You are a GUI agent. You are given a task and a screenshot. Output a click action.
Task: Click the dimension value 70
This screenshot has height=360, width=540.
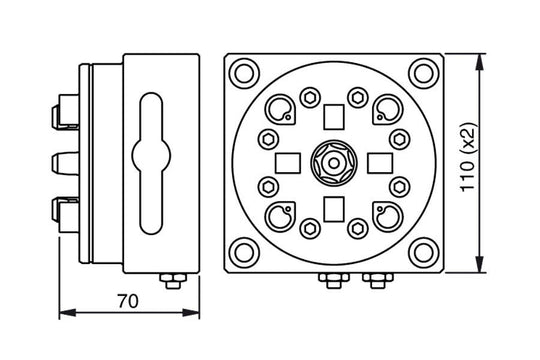pos(128,301)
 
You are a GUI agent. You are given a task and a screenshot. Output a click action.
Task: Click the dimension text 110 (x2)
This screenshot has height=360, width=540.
pos(468,157)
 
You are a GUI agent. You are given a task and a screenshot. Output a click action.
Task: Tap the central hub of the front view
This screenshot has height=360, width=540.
pos(333,163)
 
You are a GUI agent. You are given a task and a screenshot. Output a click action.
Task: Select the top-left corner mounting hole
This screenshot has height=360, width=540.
pos(244,73)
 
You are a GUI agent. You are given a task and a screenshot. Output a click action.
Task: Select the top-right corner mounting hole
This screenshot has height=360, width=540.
pos(424,73)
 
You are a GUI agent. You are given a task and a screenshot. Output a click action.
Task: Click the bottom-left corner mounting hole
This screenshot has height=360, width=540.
pos(244,253)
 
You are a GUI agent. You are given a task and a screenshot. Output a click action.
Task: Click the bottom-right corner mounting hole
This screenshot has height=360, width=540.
pos(424,253)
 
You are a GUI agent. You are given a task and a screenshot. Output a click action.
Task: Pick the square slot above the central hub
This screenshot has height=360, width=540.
pos(334,117)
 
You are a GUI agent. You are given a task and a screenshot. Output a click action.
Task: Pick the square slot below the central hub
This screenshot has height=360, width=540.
pos(334,209)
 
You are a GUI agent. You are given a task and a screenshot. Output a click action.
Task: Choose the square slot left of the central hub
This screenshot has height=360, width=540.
pos(288,163)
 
